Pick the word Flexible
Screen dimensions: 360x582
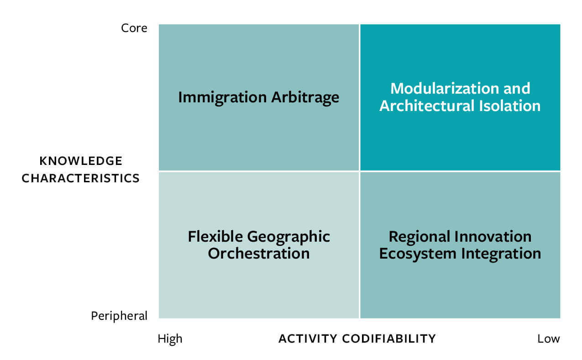[x=215, y=237]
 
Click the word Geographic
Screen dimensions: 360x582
[x=288, y=237]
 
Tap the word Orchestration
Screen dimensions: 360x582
[x=259, y=254]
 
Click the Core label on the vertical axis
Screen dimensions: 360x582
[x=134, y=28]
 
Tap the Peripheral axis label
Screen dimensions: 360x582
[x=119, y=316]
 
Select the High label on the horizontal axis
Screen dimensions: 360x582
[x=170, y=339]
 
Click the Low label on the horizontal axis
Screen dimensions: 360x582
[x=548, y=339]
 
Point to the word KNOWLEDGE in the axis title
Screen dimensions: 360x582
[x=81, y=161]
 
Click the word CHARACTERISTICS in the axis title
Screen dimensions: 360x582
[x=81, y=178]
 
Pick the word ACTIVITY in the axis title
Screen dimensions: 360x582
[x=307, y=339]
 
